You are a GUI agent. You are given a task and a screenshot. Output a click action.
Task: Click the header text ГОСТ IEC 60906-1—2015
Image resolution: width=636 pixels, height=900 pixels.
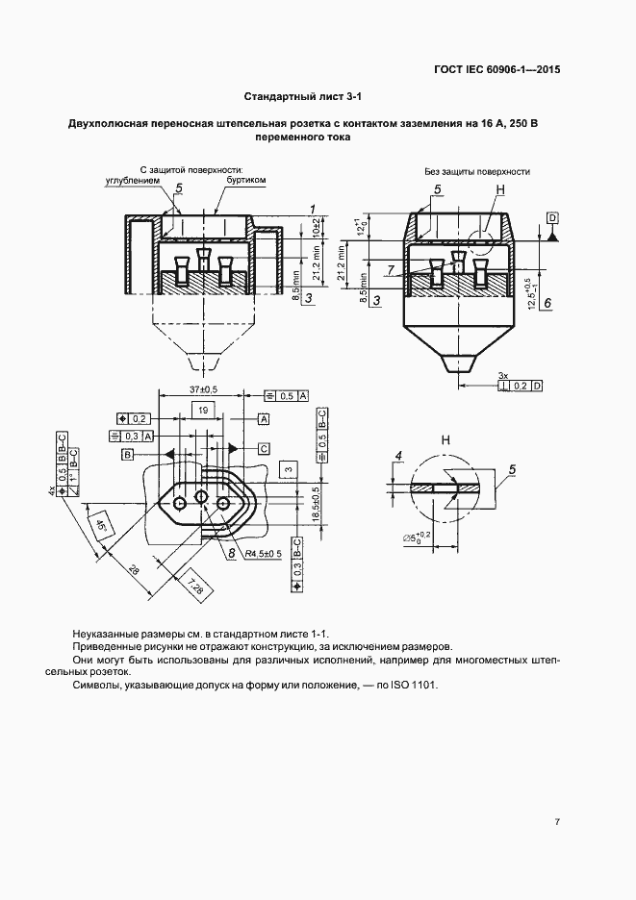point(497,70)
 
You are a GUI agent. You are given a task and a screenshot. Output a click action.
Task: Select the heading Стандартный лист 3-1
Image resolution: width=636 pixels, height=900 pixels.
point(303,97)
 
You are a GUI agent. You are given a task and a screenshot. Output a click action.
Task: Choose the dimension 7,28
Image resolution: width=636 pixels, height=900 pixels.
point(191,582)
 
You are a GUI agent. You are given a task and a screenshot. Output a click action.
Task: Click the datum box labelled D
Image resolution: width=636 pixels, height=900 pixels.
point(553,218)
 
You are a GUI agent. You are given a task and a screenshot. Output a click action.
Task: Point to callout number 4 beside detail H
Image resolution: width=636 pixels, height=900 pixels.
point(397,456)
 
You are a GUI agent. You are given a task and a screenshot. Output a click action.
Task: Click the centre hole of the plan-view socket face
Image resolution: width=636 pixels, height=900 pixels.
point(201,496)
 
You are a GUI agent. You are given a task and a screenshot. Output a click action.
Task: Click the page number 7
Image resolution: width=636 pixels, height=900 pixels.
point(557,821)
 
